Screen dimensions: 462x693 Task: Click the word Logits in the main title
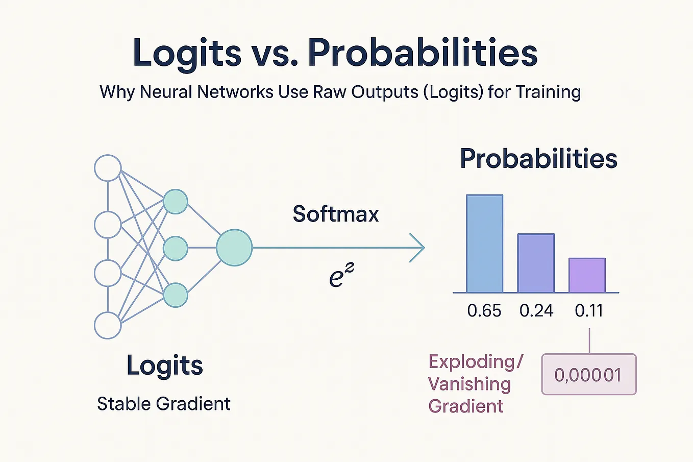point(186,53)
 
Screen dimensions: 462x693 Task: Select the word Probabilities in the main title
point(423,53)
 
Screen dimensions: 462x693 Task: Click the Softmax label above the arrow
point(335,213)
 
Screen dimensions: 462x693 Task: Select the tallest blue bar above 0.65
point(484,244)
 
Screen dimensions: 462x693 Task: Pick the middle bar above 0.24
point(536,263)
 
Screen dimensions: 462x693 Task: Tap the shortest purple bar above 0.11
point(587,275)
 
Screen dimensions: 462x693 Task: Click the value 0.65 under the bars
point(484,310)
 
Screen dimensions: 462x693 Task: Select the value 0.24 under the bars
point(536,310)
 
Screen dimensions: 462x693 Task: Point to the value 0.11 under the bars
point(589,310)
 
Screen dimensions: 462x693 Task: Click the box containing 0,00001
point(588,375)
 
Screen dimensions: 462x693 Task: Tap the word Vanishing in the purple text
point(469,384)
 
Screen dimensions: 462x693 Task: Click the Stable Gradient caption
point(163,404)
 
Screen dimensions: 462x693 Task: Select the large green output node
point(234,248)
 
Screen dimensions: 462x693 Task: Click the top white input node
point(108,168)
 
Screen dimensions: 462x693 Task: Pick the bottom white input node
point(108,325)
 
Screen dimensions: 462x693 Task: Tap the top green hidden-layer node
point(175,202)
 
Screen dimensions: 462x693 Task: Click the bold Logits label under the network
point(164,366)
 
